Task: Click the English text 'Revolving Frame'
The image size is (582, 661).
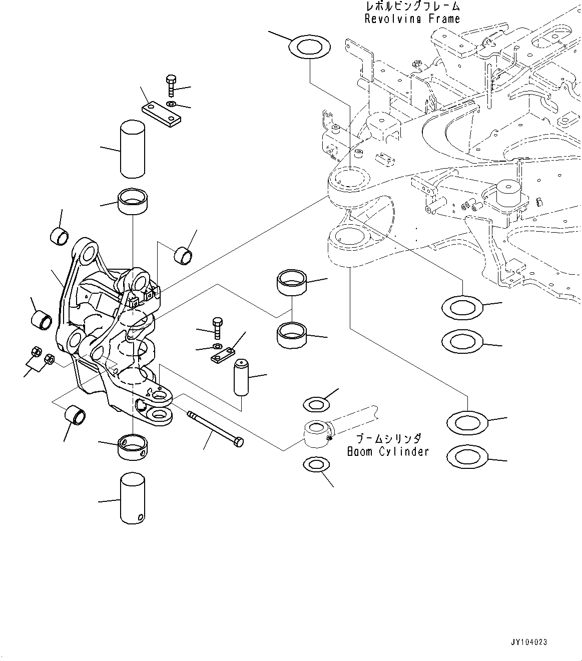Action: tap(412, 19)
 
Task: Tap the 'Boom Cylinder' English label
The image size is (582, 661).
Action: tap(388, 451)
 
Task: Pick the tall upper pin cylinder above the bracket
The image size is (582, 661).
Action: tap(133, 148)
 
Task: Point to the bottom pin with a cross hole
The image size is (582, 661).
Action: tap(133, 499)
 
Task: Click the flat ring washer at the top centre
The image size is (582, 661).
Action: tap(310, 47)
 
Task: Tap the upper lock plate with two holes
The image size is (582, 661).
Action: tap(161, 113)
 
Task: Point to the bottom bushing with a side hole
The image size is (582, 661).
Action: tap(133, 447)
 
